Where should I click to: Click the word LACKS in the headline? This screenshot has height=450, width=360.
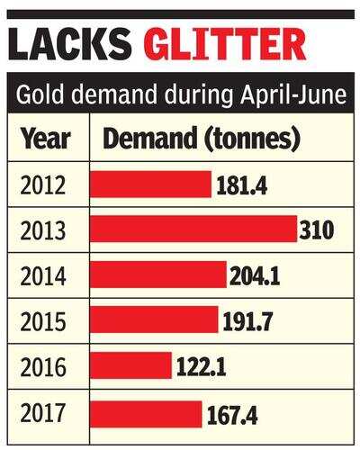pyautogui.click(x=70, y=44)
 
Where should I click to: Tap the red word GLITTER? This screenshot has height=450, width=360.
pyautogui.click(x=227, y=44)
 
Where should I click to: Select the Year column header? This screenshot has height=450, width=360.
pyautogui.click(x=46, y=139)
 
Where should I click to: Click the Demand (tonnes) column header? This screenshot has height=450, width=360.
pyautogui.click(x=202, y=138)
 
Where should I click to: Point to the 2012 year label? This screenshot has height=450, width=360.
pyautogui.click(x=43, y=185)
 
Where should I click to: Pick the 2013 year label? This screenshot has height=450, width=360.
pyautogui.click(x=43, y=230)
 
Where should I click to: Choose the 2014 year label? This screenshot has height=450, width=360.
pyautogui.click(x=43, y=276)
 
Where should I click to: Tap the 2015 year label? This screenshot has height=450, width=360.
pyautogui.click(x=43, y=321)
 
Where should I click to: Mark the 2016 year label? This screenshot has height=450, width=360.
pyautogui.click(x=43, y=367)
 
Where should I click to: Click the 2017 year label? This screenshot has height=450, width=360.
pyautogui.click(x=43, y=412)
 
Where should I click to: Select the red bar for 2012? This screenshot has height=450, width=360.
pyautogui.click(x=151, y=184)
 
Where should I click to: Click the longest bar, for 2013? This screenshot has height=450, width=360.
pyautogui.click(x=193, y=229)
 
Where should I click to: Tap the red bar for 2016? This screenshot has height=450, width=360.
pyautogui.click(x=130, y=365)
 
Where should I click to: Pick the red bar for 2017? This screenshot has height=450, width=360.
pyautogui.click(x=146, y=414)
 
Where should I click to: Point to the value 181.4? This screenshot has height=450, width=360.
pyautogui.click(x=242, y=185)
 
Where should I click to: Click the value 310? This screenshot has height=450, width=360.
pyautogui.click(x=317, y=230)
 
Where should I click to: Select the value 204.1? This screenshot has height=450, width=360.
pyautogui.click(x=255, y=276)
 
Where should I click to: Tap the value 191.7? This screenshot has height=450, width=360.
pyautogui.click(x=247, y=321)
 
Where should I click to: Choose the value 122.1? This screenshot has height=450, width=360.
pyautogui.click(x=202, y=367)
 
